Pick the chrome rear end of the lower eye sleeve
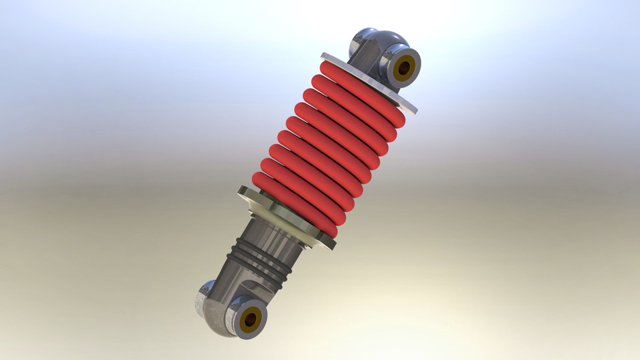point(207,297)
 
